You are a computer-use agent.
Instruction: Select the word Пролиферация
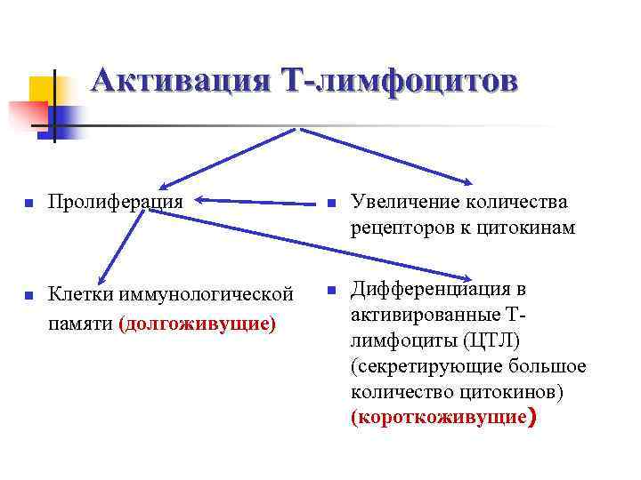(116, 201)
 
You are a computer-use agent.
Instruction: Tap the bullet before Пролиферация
(28, 204)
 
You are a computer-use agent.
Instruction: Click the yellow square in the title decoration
(41, 89)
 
